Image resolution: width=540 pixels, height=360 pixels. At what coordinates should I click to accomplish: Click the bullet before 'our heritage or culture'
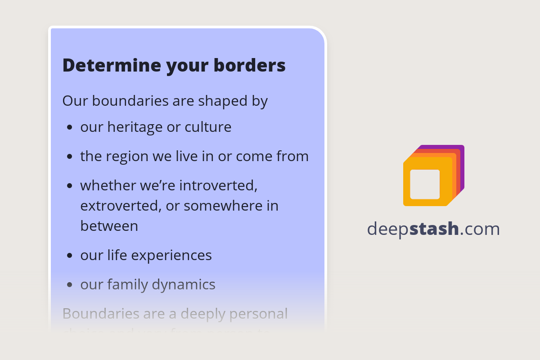69,127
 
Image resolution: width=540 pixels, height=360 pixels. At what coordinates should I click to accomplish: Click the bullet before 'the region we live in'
69,157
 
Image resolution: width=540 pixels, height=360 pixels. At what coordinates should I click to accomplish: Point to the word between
109,226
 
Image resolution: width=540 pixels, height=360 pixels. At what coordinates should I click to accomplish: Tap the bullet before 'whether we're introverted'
69,185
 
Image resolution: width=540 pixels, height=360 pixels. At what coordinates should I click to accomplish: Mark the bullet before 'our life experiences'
69,256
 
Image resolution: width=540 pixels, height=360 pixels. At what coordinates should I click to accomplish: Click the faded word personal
260,314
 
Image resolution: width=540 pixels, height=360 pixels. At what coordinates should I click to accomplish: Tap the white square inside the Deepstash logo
425,184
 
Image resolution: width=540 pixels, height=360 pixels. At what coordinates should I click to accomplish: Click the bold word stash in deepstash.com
434,229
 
